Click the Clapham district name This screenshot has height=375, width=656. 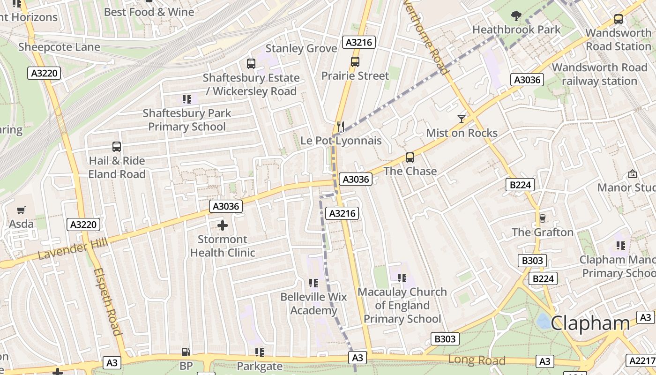click(x=590, y=323)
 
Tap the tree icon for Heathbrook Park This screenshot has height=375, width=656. click(x=516, y=16)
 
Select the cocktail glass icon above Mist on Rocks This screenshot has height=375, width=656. click(x=462, y=119)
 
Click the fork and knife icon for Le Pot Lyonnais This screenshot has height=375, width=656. click(x=341, y=127)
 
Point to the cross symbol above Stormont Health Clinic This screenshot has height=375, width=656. click(x=223, y=226)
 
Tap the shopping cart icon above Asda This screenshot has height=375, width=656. click(x=21, y=210)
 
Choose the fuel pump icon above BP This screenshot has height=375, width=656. click(x=186, y=352)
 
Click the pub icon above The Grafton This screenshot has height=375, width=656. click(x=543, y=218)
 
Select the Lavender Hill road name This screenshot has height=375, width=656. click(x=73, y=248)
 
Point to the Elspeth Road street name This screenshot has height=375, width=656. click(x=107, y=301)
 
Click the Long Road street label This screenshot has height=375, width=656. click(x=477, y=360)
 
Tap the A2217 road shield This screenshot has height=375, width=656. click(x=641, y=360)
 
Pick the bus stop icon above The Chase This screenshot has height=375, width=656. click(x=410, y=157)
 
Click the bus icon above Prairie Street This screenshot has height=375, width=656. click(x=355, y=62)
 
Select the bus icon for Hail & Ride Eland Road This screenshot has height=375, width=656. click(x=117, y=147)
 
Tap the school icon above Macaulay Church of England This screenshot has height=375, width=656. click(x=402, y=278)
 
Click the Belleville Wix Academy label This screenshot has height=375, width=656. click(x=313, y=303)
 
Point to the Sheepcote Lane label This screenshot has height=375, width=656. click(x=59, y=47)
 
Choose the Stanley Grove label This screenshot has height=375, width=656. click(x=301, y=48)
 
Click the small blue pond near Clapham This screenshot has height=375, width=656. click(x=544, y=321)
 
